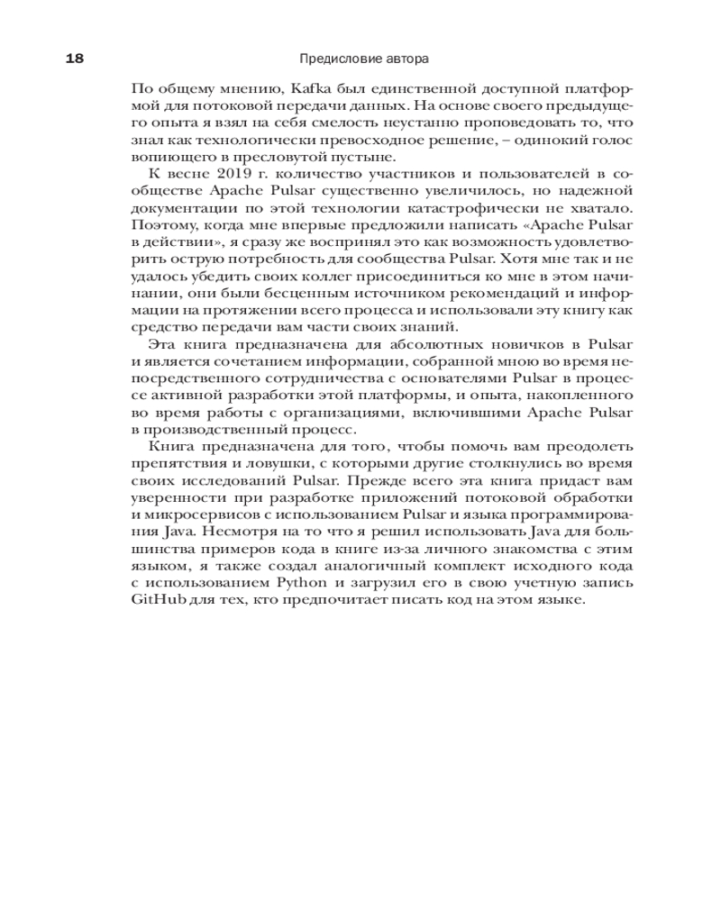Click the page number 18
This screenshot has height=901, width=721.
74,59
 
